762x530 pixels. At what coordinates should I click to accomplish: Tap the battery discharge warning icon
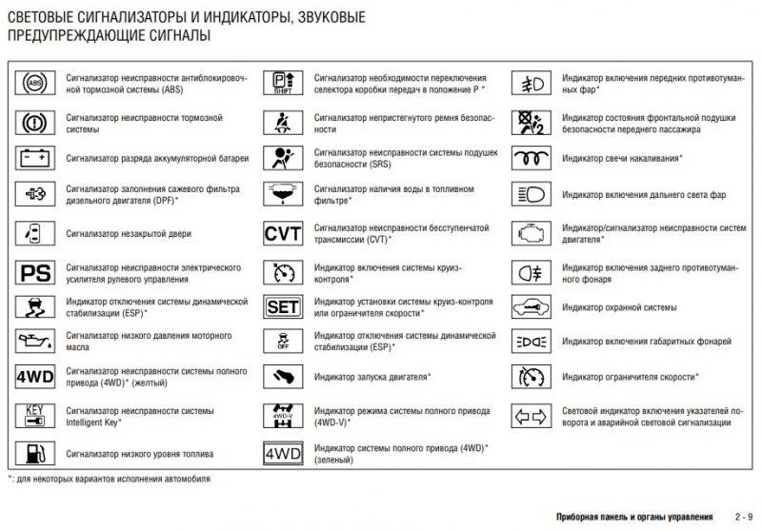pos(35,156)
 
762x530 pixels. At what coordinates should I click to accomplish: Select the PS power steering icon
pos(35,273)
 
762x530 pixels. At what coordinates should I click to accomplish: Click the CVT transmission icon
pos(282,234)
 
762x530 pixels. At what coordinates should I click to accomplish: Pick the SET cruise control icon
pos(282,307)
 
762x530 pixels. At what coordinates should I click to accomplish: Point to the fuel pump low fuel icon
pos(35,453)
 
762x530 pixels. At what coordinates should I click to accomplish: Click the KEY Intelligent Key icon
pos(35,416)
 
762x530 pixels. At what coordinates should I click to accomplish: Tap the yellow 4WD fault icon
pos(35,377)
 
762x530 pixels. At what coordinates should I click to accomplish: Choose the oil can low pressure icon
pos(35,341)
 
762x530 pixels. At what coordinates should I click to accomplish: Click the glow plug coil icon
pos(530,156)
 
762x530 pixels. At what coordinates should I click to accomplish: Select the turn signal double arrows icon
pos(530,416)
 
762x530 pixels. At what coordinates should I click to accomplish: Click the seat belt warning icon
pos(282,122)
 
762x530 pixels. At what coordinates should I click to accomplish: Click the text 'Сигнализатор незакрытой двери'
pos(130,232)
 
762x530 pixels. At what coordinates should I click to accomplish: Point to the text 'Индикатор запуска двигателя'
pos(371,377)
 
